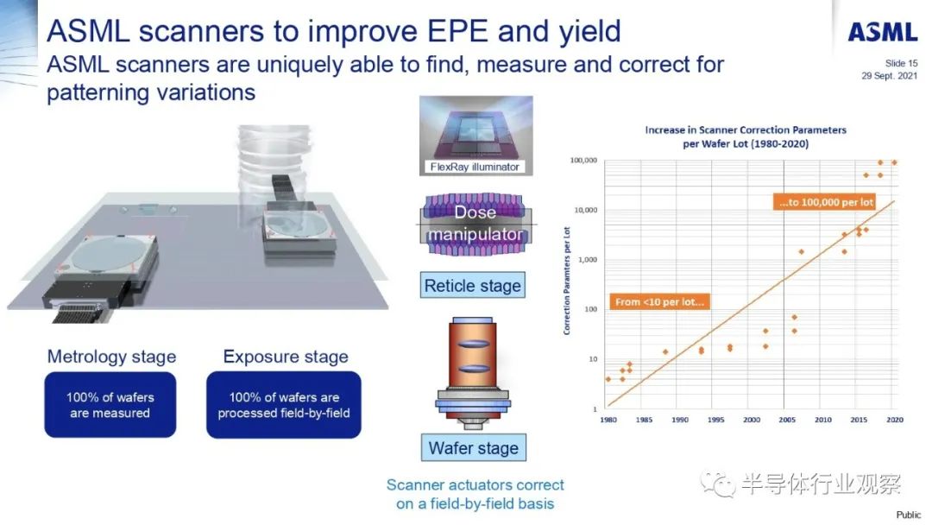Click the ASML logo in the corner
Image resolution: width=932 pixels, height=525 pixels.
pyautogui.click(x=883, y=32)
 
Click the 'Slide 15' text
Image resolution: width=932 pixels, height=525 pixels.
pyautogui.click(x=901, y=63)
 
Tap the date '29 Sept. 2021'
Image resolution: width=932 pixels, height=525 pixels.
pyautogui.click(x=889, y=75)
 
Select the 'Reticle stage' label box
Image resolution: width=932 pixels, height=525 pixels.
pyautogui.click(x=473, y=286)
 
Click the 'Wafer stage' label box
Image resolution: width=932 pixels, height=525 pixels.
pyautogui.click(x=473, y=447)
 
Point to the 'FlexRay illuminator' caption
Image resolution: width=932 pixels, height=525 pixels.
pyautogui.click(x=475, y=167)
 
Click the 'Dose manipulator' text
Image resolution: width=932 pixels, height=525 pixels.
pyautogui.click(x=475, y=223)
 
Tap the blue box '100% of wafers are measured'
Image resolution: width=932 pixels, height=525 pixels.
pyautogui.click(x=110, y=405)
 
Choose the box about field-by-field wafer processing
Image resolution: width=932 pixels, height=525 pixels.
pyautogui.click(x=284, y=405)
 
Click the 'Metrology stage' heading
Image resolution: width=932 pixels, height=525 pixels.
pyautogui.click(x=111, y=356)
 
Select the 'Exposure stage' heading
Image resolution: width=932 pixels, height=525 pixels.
pyautogui.click(x=286, y=356)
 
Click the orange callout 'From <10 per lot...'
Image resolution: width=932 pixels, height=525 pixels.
pyautogui.click(x=659, y=302)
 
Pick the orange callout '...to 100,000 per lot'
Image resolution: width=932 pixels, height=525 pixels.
pyautogui.click(x=826, y=202)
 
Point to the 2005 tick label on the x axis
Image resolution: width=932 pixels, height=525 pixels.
pyautogui.click(x=787, y=420)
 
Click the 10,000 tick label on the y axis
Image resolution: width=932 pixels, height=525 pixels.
pyautogui.click(x=585, y=210)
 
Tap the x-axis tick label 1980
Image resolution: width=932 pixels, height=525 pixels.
pyautogui.click(x=608, y=420)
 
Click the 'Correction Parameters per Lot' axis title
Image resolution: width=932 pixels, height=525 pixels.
pyautogui.click(x=566, y=281)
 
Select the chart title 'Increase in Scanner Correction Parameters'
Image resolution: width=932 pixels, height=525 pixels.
pyautogui.click(x=746, y=130)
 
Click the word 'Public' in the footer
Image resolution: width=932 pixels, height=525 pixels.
pyautogui.click(x=908, y=515)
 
